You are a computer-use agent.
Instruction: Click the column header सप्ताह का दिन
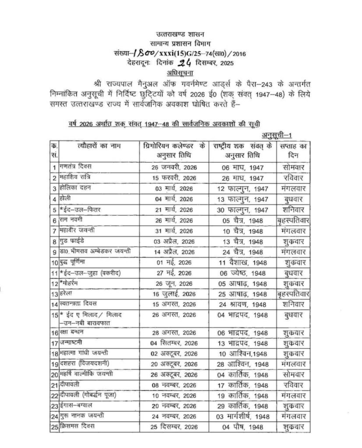[x=293, y=150]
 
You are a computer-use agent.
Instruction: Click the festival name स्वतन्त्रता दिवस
[x=83, y=304]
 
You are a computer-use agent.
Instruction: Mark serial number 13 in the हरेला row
[x=55, y=294]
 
